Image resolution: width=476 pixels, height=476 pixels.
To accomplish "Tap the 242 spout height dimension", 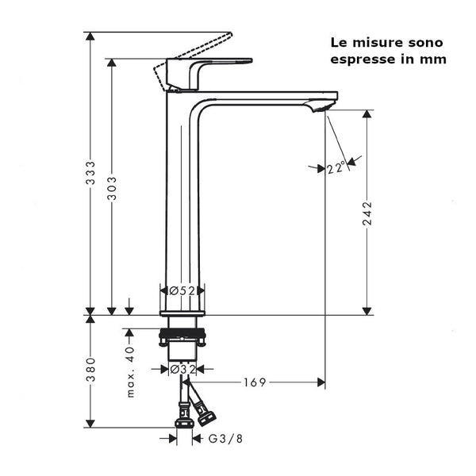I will [367, 213].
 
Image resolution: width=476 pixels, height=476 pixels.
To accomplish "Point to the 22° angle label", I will [336, 167].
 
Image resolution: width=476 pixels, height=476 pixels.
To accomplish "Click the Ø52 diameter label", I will [182, 291].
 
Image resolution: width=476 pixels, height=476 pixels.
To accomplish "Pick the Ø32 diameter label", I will [182, 369].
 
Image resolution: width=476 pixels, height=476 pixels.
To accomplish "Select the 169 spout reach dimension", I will [255, 382].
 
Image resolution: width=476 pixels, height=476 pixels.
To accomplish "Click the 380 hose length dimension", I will [91, 370].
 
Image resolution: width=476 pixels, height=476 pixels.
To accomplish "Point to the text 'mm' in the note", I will [435, 59].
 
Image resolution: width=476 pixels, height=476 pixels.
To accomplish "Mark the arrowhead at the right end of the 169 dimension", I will [321, 382].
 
